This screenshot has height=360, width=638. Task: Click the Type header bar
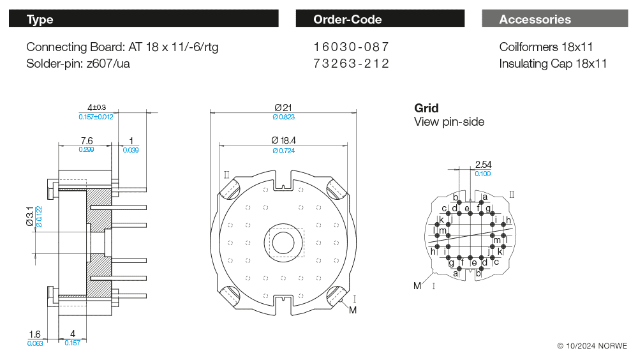tap(144, 19)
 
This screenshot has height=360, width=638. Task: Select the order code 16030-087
tap(351, 47)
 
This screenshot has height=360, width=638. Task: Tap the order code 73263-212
tap(351, 64)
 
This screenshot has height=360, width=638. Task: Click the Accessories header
tap(555, 19)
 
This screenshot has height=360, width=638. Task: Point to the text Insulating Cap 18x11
tap(553, 64)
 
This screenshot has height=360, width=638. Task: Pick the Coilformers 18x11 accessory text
tap(546, 47)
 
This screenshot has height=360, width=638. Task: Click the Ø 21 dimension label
tap(283, 107)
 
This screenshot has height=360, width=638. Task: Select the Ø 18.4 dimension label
tap(284, 140)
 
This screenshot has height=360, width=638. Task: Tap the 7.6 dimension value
tap(87, 141)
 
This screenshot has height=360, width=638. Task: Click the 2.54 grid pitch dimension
tap(484, 165)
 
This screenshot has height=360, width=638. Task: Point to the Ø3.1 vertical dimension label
tap(30, 216)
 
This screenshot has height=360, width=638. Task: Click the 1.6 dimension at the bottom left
tap(34, 334)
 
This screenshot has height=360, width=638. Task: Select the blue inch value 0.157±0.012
tap(96, 117)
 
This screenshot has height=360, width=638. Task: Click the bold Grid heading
tap(426, 108)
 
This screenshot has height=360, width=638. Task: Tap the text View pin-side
tap(449, 122)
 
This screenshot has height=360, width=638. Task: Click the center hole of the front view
tap(283, 243)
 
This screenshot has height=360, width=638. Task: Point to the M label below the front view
tap(353, 310)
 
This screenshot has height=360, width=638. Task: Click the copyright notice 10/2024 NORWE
tap(592, 346)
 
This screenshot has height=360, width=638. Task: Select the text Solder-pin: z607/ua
tap(78, 64)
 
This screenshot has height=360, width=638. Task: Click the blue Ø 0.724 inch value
tap(284, 151)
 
